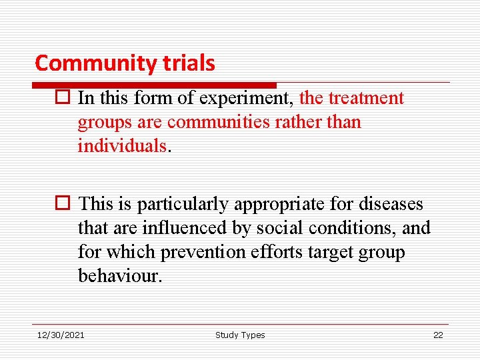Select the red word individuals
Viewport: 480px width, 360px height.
[x=121, y=146]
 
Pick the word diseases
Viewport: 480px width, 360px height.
[x=392, y=204]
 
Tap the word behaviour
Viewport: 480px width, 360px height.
[x=119, y=276]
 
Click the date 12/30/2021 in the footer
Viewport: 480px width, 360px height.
[x=61, y=335]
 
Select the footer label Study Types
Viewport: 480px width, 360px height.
[x=240, y=335]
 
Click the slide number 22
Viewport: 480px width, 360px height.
[x=438, y=335]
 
